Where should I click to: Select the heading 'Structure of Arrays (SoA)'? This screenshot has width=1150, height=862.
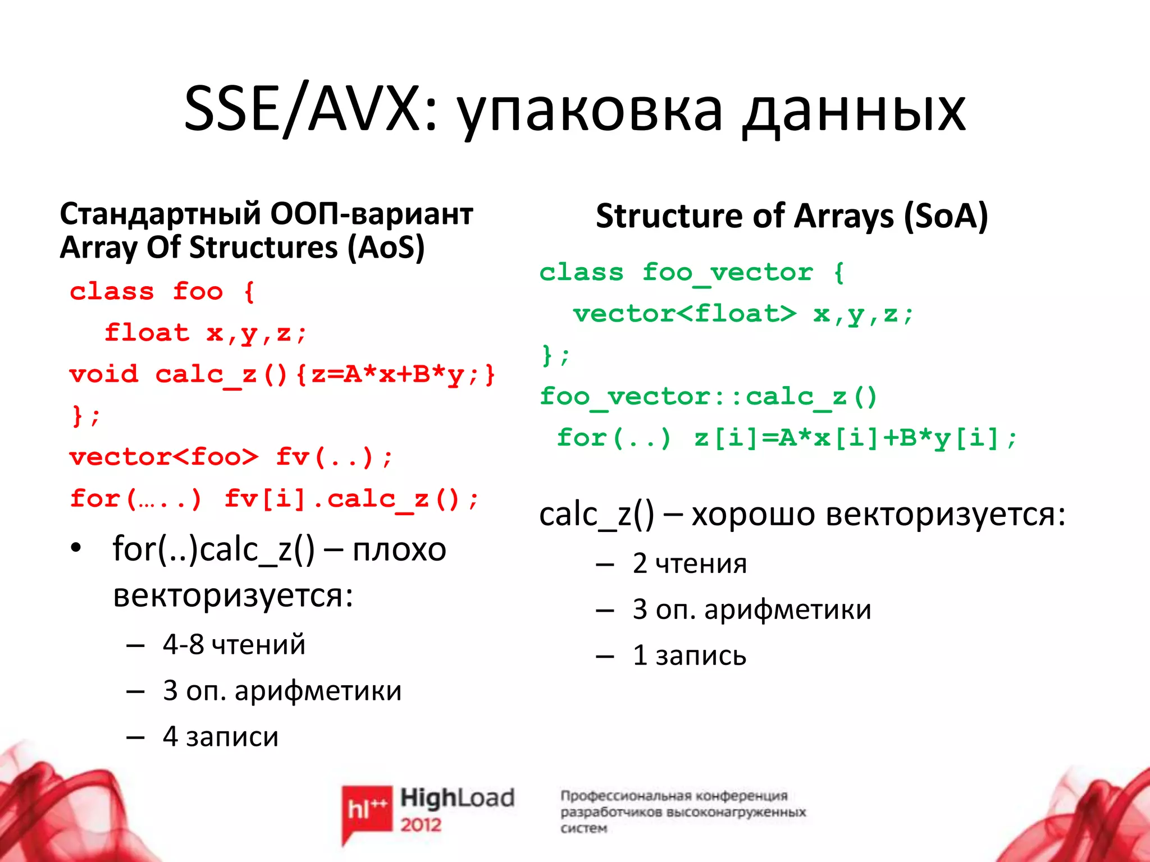click(x=792, y=216)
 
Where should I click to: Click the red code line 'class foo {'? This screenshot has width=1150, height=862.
click(x=162, y=292)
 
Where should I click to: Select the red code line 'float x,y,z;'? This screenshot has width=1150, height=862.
click(x=206, y=333)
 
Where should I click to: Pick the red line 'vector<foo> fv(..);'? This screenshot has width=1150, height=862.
click(x=230, y=457)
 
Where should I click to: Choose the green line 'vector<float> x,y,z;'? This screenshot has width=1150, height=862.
click(x=743, y=314)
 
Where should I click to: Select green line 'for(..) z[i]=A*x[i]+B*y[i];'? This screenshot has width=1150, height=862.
click(x=786, y=438)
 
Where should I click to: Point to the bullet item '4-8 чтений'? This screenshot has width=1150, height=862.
click(x=234, y=645)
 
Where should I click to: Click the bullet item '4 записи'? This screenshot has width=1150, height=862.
click(x=220, y=737)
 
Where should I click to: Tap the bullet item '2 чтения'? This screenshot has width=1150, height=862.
click(x=690, y=563)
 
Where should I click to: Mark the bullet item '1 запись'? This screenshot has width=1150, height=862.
click(x=690, y=655)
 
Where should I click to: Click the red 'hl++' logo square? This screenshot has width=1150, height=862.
click(x=367, y=809)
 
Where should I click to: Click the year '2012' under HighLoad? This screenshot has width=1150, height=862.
click(x=421, y=825)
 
